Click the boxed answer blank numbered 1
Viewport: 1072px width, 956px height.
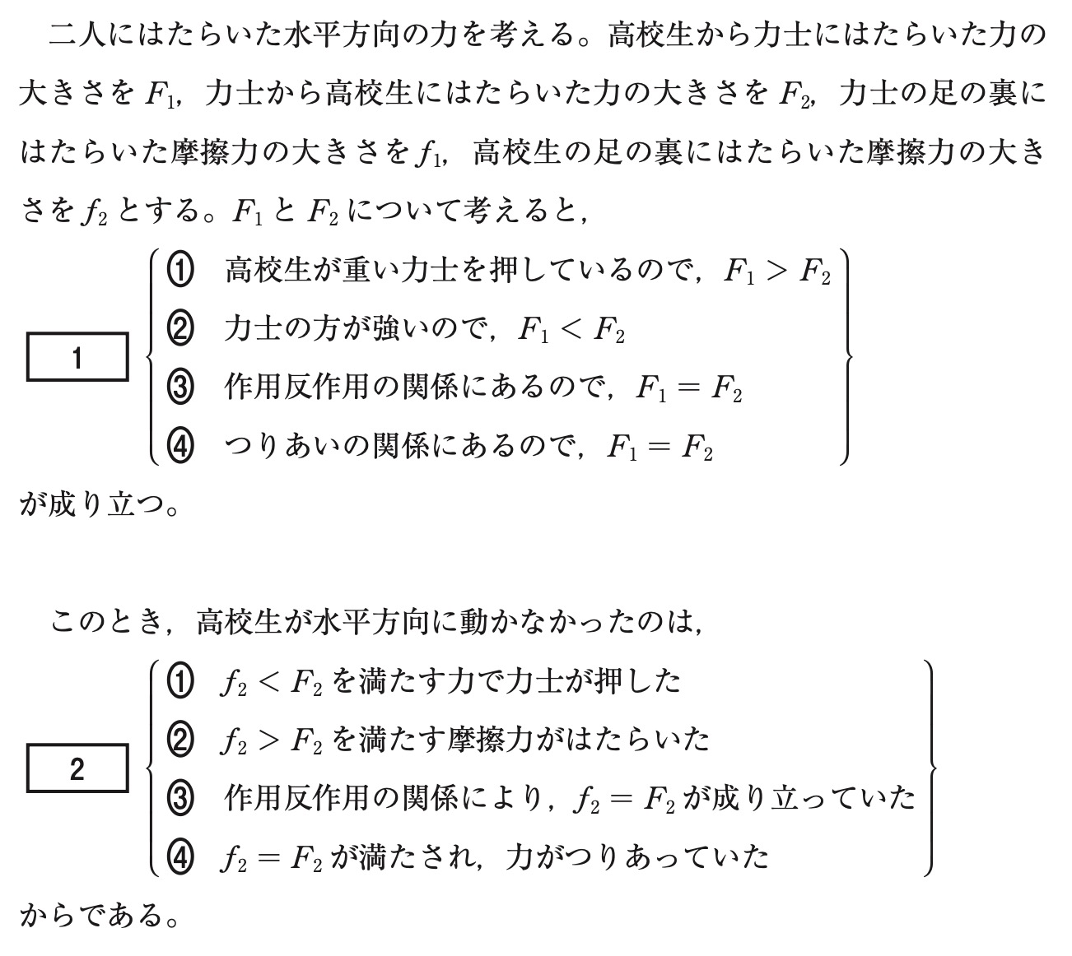pyautogui.click(x=77, y=357)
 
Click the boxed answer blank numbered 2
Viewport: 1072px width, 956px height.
pyautogui.click(x=77, y=768)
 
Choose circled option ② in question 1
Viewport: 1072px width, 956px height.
pyautogui.click(x=180, y=329)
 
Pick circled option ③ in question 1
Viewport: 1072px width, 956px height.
pyautogui.click(x=180, y=388)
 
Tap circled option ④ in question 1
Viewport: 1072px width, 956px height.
pyautogui.click(x=180, y=447)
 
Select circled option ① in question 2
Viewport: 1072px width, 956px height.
pyautogui.click(x=180, y=681)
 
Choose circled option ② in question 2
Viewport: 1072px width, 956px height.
pyautogui.click(x=180, y=740)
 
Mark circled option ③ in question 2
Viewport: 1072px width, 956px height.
pyautogui.click(x=180, y=799)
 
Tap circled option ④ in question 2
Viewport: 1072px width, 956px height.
pyautogui.click(x=180, y=857)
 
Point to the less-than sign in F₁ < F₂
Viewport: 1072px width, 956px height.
pyautogui.click(x=571, y=329)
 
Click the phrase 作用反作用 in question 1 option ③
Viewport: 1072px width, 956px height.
pyautogui.click(x=297, y=388)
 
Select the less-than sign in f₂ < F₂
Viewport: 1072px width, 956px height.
pyautogui.click(x=268, y=682)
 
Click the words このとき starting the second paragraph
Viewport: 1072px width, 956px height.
pyautogui.click(x=107, y=622)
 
